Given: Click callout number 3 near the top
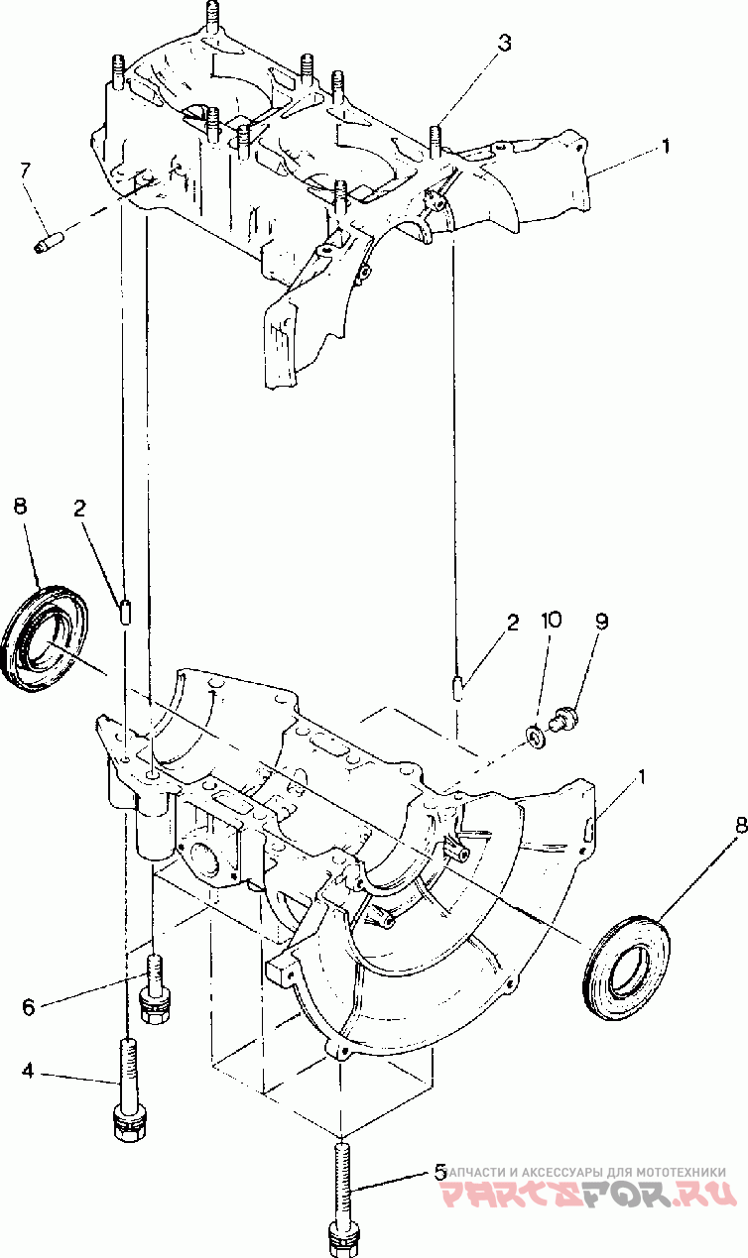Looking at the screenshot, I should [505, 44].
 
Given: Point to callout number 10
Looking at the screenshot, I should [551, 622].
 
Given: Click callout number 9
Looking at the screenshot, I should [601, 622].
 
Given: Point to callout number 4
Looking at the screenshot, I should [28, 1071].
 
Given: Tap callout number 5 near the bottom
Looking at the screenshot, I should [439, 1171].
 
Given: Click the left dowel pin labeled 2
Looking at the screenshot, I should [126, 612].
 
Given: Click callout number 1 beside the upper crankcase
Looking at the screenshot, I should [666, 146].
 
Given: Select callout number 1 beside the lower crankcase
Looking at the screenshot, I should [639, 778].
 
